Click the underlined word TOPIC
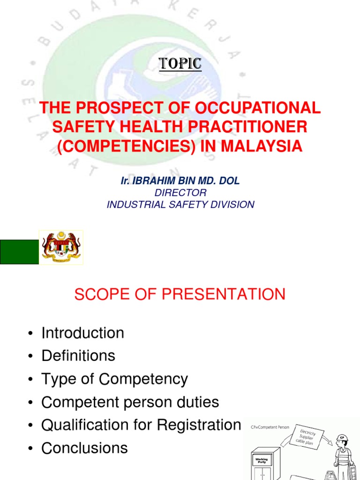click(180, 64)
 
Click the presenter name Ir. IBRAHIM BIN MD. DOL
click(180, 181)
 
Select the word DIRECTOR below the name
click(180, 193)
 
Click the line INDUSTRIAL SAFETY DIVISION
click(180, 204)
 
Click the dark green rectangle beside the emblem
click(19, 252)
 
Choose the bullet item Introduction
click(83, 333)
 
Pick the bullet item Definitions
click(78, 356)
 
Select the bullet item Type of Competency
click(114, 379)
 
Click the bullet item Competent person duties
click(130, 402)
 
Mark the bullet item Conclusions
click(85, 448)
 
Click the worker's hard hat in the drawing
click(343, 439)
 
